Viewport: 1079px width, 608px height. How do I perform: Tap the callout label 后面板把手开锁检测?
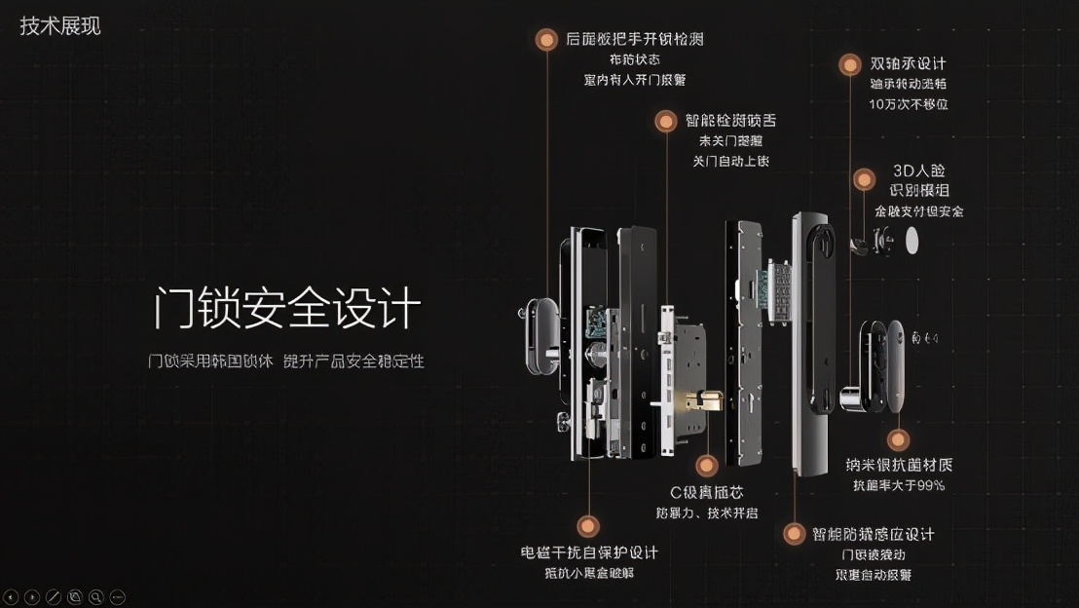click(634, 40)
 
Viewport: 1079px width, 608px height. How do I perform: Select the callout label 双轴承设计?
click(908, 64)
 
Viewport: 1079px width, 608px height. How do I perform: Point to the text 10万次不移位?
click(908, 103)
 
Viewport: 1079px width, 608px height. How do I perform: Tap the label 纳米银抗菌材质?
click(899, 465)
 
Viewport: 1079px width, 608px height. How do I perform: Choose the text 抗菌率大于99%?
click(899, 485)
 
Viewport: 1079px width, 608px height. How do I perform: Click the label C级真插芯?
click(706, 492)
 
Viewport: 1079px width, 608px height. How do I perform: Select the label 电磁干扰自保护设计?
click(589, 552)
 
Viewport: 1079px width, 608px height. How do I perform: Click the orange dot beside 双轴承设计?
click(850, 64)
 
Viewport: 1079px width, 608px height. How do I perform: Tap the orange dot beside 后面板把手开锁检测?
click(546, 40)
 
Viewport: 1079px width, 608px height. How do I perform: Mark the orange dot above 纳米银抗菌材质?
click(899, 439)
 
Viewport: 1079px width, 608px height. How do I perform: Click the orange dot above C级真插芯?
click(708, 465)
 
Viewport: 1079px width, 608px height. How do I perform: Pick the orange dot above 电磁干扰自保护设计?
click(587, 527)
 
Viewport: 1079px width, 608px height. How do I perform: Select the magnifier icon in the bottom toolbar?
click(96, 595)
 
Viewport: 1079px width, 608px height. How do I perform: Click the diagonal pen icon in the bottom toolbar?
click(54, 595)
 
